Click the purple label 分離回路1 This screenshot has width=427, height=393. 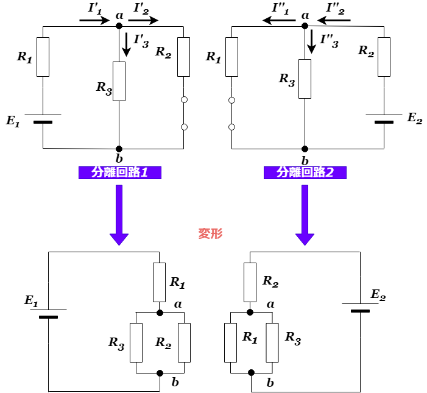(119, 172)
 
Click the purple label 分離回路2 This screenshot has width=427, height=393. (305, 172)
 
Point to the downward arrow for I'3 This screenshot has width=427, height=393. (126, 44)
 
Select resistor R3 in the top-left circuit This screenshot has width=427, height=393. (119, 81)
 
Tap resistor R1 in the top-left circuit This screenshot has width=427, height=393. (43, 57)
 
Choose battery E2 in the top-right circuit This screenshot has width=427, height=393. (384, 118)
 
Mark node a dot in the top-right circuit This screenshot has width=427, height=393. (305, 26)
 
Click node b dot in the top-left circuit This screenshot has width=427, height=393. (119, 149)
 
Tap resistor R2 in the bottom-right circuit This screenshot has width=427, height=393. (250, 282)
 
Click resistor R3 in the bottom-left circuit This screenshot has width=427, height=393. (136, 342)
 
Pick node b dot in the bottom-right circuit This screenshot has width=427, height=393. (250, 372)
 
